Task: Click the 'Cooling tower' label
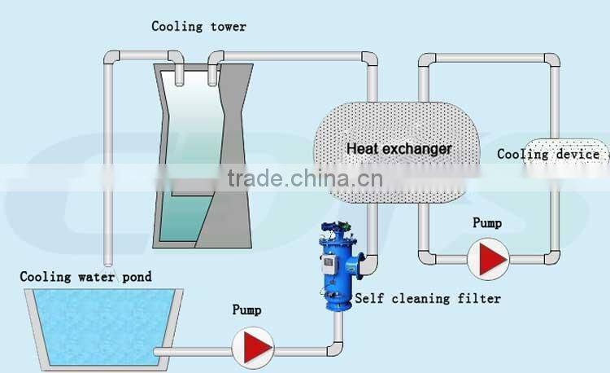click(x=198, y=27)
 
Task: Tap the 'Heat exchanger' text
click(x=399, y=149)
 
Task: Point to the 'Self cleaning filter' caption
click(x=428, y=299)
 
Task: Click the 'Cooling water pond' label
click(x=85, y=277)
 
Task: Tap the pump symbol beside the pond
click(x=251, y=348)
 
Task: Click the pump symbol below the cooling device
click(x=489, y=258)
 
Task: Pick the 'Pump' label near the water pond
click(x=246, y=309)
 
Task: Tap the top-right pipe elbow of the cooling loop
click(x=551, y=61)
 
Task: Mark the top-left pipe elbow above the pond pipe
click(x=111, y=59)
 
